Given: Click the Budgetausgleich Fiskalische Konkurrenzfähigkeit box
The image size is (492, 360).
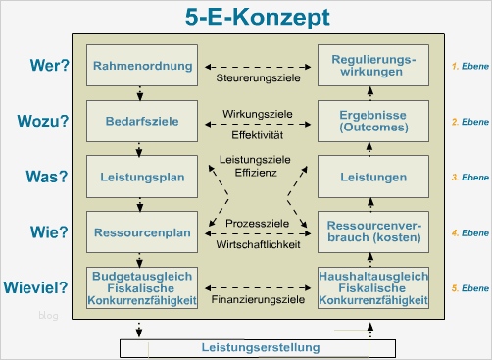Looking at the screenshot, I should (x=143, y=288).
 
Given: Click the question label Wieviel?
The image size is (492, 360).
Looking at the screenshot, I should (x=39, y=289).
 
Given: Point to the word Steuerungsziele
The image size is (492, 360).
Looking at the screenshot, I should (x=257, y=77).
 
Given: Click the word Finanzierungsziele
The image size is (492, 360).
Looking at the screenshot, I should (x=257, y=294).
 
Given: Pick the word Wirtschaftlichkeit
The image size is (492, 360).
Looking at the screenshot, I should (x=257, y=244).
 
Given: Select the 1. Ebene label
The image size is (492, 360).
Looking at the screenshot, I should (x=469, y=66).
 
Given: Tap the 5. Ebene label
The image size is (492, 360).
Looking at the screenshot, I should (x=469, y=289).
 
